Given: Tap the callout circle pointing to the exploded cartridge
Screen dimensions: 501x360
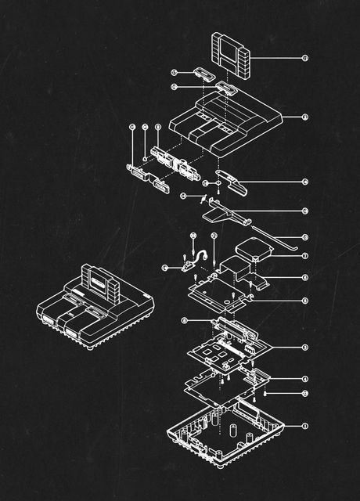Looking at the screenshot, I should point(304,58).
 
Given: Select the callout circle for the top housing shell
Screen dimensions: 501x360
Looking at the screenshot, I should point(304,117).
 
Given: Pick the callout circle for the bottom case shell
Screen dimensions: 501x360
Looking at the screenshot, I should point(304,427).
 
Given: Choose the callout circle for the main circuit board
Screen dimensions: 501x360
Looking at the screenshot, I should point(304,347).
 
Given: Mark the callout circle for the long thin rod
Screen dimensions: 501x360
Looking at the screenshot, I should point(304,237).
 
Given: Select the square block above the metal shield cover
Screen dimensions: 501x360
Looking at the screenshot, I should point(254,250).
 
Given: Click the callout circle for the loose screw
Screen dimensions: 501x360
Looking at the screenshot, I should point(304,393).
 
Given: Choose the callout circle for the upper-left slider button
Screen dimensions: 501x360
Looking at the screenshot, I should point(174,72).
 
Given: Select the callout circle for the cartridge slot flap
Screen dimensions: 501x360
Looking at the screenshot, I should point(304,182).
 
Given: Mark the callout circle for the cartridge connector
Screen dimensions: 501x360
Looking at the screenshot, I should point(185,320).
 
